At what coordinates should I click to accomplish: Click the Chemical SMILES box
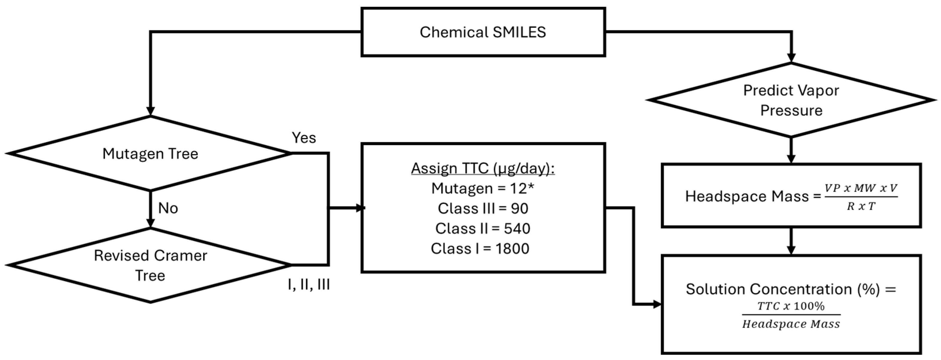(483, 32)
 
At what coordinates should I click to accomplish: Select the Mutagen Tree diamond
(150, 154)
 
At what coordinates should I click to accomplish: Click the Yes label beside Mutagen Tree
(304, 138)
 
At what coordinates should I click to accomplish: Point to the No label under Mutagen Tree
(168, 208)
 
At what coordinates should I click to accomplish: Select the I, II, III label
(309, 284)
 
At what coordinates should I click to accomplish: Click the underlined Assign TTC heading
(483, 168)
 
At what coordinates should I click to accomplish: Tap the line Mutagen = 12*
(483, 189)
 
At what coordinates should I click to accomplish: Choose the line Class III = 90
(483, 209)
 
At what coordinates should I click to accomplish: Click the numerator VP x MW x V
(861, 188)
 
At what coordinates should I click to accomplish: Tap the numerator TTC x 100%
(791, 306)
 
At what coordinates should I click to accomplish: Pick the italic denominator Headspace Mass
(791, 324)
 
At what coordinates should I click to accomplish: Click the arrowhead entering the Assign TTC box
(361, 208)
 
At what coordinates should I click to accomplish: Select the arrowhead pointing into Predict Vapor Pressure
(791, 58)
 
